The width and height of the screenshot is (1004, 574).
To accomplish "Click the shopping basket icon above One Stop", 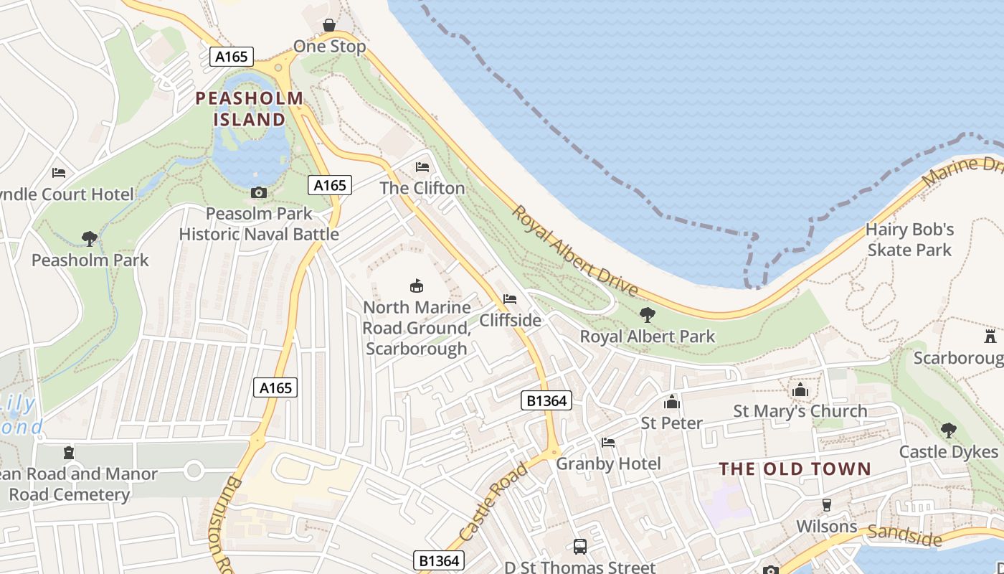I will pyautogui.click(x=329, y=26).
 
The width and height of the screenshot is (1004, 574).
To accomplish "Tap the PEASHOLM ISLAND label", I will pyautogui.click(x=250, y=108).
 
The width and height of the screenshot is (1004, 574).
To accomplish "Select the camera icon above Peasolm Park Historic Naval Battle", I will pyautogui.click(x=259, y=192).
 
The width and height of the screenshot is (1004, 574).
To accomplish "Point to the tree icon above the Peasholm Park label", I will pyautogui.click(x=90, y=238).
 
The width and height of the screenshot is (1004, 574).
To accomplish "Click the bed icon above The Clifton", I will pyautogui.click(x=422, y=167).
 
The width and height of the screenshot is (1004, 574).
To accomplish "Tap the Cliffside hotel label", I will pyautogui.click(x=510, y=320).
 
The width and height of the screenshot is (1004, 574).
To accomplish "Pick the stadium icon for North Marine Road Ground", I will pyautogui.click(x=416, y=286).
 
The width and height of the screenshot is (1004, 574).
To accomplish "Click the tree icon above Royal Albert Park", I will pyautogui.click(x=647, y=314).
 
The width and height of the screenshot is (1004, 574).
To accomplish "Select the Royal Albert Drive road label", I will pyautogui.click(x=574, y=251).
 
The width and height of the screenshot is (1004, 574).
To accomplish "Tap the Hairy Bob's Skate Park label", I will pyautogui.click(x=909, y=240).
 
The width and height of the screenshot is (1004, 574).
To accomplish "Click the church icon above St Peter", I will pyautogui.click(x=672, y=402).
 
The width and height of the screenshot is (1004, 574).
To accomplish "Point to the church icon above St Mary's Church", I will pyautogui.click(x=800, y=390).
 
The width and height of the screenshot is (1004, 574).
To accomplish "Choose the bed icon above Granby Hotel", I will pyautogui.click(x=608, y=443).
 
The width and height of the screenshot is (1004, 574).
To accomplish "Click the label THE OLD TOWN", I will pyautogui.click(x=795, y=469).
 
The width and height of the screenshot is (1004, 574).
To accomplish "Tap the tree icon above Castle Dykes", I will pyautogui.click(x=948, y=430).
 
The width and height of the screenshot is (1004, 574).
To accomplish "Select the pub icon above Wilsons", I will pyautogui.click(x=826, y=505).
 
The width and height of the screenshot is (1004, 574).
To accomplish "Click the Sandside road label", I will pyautogui.click(x=904, y=535).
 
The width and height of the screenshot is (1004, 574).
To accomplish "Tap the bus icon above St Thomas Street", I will pyautogui.click(x=580, y=547).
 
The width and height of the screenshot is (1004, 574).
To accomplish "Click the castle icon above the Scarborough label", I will pyautogui.click(x=990, y=336).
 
